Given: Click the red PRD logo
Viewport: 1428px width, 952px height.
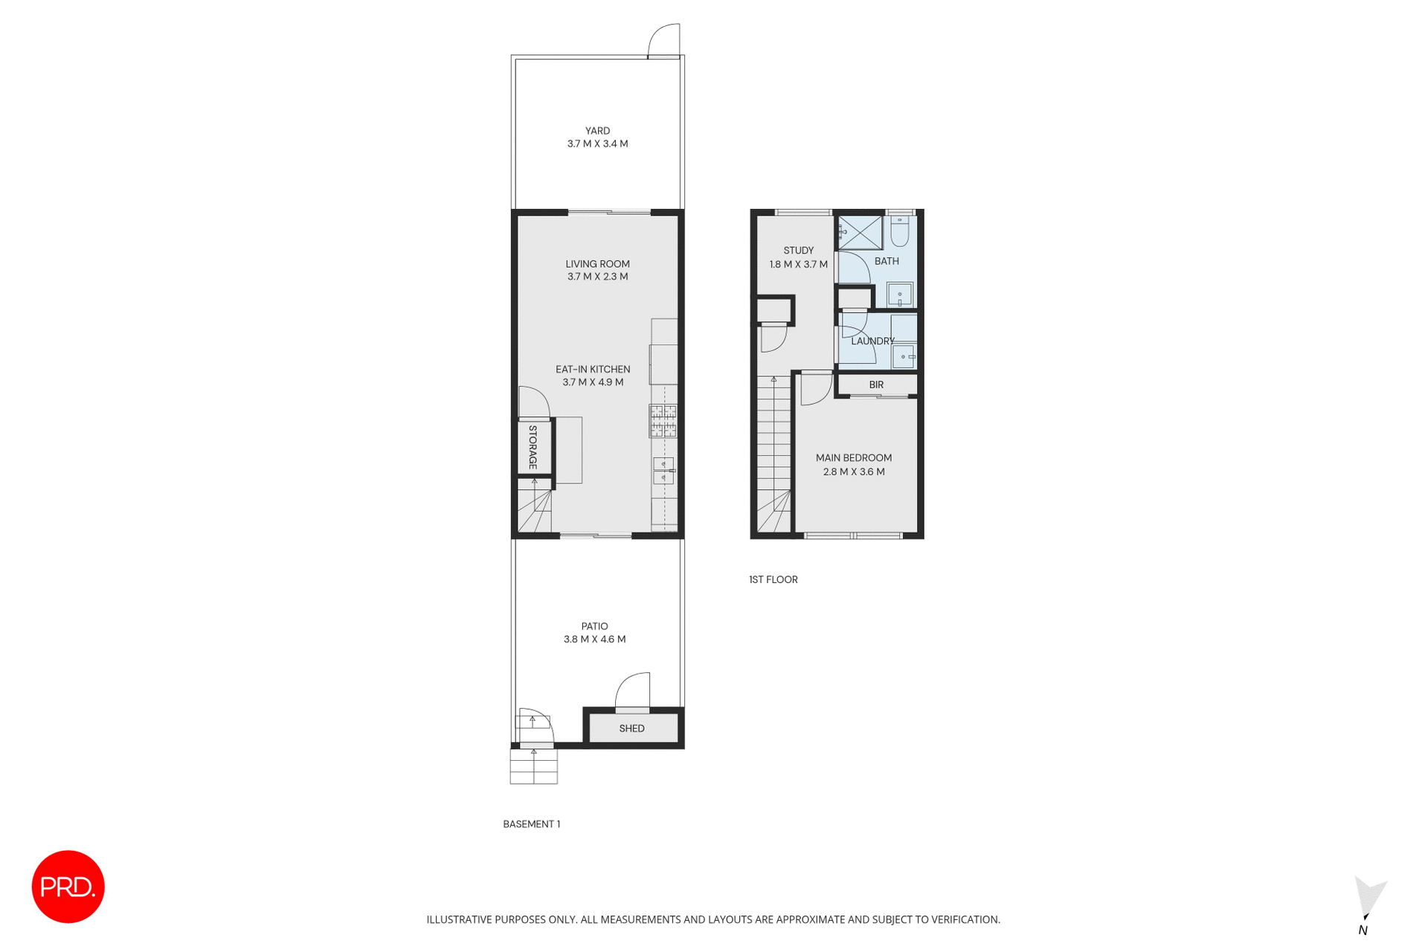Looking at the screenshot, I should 68,887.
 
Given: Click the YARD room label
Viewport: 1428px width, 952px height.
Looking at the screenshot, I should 597,131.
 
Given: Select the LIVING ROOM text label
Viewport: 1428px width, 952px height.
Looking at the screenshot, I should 597,264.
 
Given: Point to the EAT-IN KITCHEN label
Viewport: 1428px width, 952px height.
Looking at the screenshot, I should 593,370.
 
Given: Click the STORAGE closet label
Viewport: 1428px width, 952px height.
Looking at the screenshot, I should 533,447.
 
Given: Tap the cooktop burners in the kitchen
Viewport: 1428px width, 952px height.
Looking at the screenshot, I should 663,420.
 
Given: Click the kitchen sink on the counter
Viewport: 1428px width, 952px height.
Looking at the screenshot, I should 663,471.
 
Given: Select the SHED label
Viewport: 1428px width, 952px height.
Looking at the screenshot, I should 631,728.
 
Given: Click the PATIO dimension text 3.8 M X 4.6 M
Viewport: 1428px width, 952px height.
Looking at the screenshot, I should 594,640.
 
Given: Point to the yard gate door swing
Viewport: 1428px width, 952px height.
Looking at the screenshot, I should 664,40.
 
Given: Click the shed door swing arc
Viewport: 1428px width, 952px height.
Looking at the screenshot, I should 633,690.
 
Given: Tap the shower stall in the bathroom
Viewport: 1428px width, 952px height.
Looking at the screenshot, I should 860,233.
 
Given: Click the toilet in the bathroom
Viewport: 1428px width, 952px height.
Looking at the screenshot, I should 900,231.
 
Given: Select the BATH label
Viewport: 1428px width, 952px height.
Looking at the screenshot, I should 887,261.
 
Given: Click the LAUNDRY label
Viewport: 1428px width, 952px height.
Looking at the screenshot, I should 872,341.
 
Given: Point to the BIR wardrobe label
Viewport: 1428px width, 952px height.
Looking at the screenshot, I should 876,385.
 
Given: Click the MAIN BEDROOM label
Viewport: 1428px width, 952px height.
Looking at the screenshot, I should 853,458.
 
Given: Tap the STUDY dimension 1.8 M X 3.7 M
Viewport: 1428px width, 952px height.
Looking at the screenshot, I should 798,264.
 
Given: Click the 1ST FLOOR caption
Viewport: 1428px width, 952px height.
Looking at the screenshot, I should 773,579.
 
